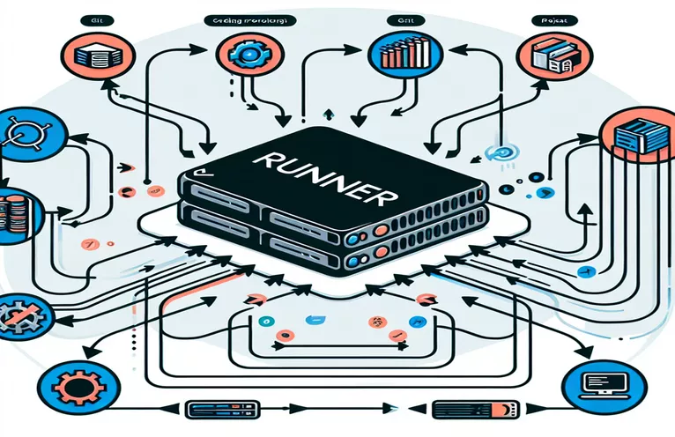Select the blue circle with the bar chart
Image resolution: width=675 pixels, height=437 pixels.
tap(393, 54)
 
